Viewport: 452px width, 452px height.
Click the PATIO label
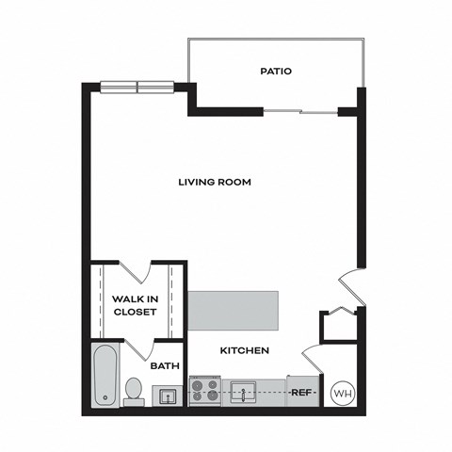275,71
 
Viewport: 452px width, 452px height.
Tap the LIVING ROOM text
215,182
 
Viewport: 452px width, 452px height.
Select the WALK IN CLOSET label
134,305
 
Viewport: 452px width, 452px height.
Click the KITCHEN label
245,350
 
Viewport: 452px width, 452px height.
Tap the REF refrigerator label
302,392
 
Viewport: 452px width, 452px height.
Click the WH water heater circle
342,393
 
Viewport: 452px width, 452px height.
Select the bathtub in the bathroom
105,376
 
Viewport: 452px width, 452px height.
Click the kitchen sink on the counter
244,392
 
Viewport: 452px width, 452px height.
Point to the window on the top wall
138,88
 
